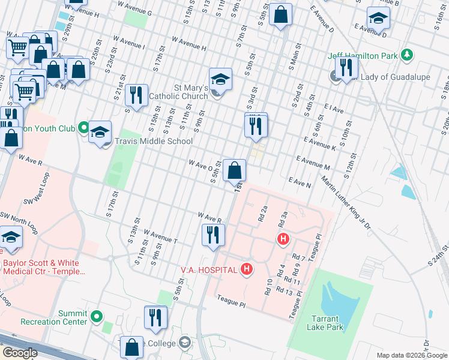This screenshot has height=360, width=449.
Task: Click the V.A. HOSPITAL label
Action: pos(208,270)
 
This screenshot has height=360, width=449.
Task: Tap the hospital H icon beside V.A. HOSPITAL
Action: pos(246,270)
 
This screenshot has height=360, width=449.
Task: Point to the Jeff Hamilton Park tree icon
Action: pos(408,55)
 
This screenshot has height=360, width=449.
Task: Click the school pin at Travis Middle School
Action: pos(100,133)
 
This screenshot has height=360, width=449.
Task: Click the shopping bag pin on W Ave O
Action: pos(234,171)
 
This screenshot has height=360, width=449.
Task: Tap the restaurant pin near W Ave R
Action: pos(212,234)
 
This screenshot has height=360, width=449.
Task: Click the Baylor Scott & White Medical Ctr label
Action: pos(44,267)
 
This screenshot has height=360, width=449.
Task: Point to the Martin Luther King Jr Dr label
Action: pos(346,203)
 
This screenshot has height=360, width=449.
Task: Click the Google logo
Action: pos(19,353)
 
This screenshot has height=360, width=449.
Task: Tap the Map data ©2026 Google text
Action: pos(411,355)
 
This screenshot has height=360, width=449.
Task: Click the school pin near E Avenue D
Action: pos(378,19)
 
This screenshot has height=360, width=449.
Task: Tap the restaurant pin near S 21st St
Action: pos(136,95)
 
